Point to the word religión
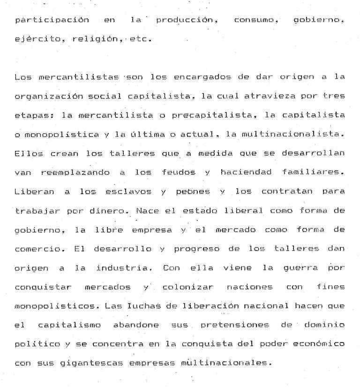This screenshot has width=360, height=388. click(92, 39)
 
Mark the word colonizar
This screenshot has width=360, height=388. click(190, 287)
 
